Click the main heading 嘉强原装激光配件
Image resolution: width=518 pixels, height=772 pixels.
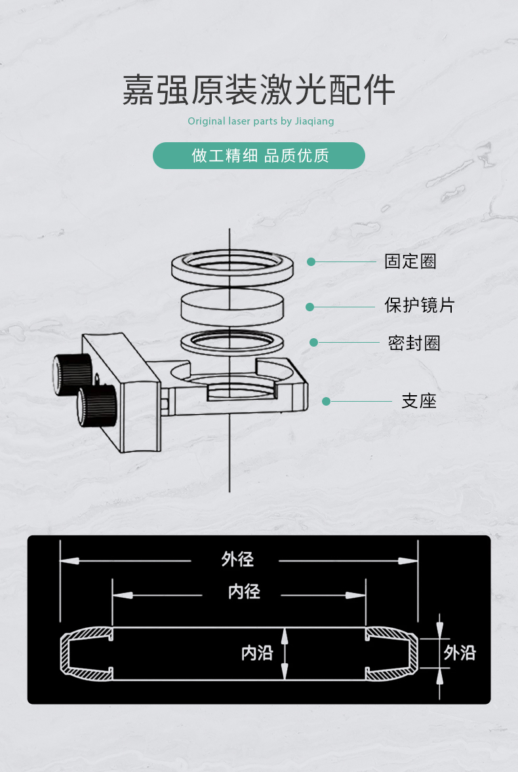(x=259, y=90)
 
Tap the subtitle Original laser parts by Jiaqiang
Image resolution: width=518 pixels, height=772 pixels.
(x=260, y=121)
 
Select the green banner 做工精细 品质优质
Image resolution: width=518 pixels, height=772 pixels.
(x=259, y=156)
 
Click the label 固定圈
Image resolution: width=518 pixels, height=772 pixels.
(x=410, y=261)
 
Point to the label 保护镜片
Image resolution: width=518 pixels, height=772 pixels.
(x=419, y=305)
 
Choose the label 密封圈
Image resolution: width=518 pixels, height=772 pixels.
(x=414, y=343)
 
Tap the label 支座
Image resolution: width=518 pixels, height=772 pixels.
(x=418, y=401)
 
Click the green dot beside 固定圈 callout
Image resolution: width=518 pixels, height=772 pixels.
(x=311, y=261)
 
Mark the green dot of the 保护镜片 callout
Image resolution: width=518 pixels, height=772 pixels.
(x=310, y=307)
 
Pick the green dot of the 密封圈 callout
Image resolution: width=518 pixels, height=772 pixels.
(x=313, y=342)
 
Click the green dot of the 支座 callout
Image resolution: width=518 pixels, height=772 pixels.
(x=326, y=401)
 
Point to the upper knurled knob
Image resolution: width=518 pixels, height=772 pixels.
(x=72, y=373)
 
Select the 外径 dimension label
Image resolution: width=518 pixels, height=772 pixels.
(x=237, y=559)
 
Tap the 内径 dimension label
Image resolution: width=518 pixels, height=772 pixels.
(x=244, y=592)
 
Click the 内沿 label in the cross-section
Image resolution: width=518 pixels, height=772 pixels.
(x=256, y=653)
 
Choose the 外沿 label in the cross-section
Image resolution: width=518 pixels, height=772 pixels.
(x=459, y=653)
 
